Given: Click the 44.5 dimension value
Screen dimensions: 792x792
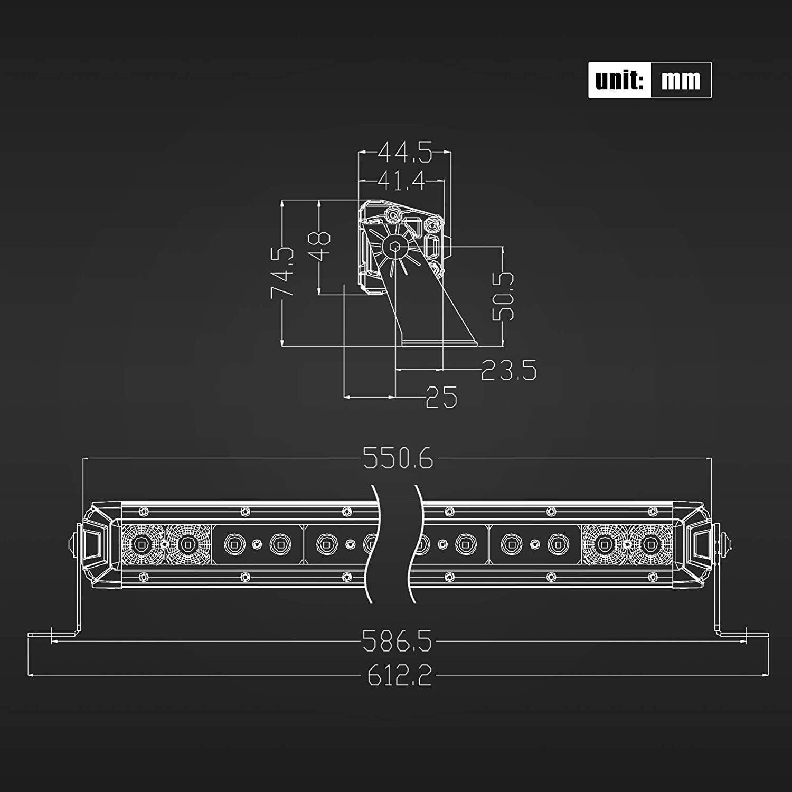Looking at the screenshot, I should click(x=405, y=153).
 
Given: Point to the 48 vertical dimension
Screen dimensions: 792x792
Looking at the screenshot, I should click(x=320, y=245).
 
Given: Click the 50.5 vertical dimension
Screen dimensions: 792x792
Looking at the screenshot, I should click(x=503, y=296).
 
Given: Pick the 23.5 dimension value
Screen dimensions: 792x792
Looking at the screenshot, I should click(x=508, y=370).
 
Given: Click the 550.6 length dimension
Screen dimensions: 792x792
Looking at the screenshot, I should click(x=398, y=458).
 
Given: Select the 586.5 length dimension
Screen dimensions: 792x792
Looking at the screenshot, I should click(x=397, y=642).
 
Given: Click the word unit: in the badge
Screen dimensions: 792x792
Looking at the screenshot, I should click(x=619, y=80).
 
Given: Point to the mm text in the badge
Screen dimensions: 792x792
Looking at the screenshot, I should click(x=681, y=80).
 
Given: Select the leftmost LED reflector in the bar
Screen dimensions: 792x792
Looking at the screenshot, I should click(x=142, y=544).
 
